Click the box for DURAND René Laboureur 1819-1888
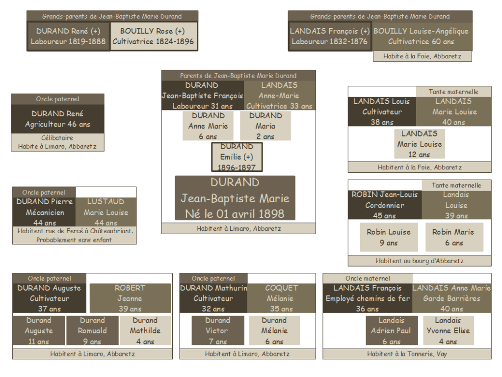[x=68, y=36]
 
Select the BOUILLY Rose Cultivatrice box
[x=153, y=36]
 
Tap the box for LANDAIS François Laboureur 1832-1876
[x=330, y=36]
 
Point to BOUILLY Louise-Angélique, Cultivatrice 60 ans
[x=421, y=36]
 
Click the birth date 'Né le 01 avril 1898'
[x=235, y=214]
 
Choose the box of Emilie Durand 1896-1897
[x=237, y=157]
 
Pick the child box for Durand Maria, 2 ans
[x=265, y=126]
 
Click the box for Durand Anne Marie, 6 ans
[x=208, y=126]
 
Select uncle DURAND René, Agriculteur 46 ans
[x=58, y=119]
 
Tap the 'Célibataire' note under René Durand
[x=57, y=138]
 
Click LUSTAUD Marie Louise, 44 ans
[x=106, y=212]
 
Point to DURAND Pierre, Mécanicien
[x=45, y=212]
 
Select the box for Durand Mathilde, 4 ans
[x=145, y=331]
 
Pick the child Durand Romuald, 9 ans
[x=92, y=331]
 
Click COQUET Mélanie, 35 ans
[x=282, y=298]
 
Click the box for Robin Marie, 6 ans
[x=454, y=237]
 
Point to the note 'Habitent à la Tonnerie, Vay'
[x=407, y=354]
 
